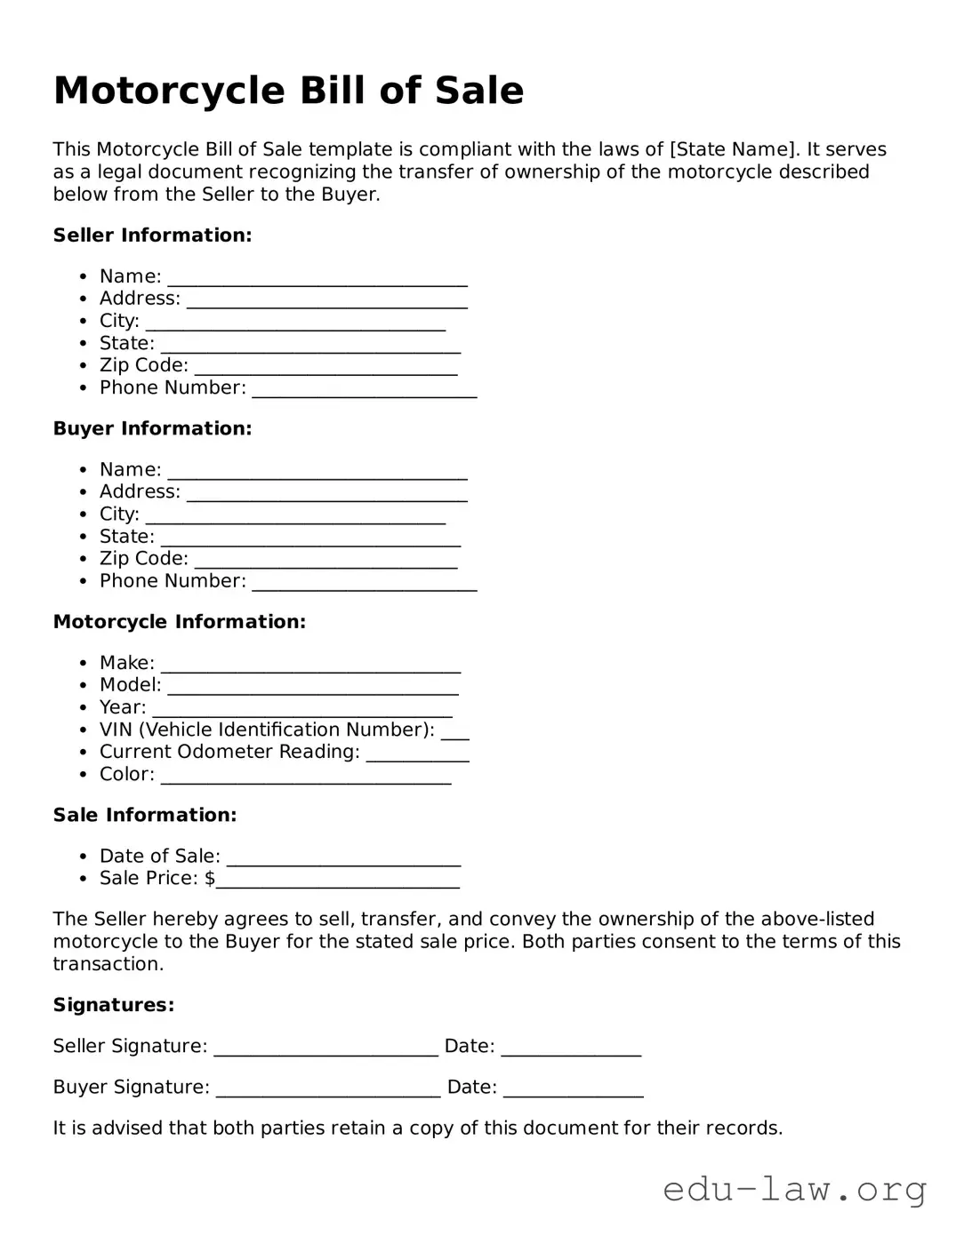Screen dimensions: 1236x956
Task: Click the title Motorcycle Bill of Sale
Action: coord(288,91)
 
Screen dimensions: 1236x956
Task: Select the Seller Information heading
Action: coord(152,235)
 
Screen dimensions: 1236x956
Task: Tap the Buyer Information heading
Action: coord(152,428)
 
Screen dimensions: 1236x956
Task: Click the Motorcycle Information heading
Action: coord(179,622)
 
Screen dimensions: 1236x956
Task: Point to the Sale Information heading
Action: coord(145,815)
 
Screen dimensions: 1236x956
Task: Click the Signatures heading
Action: coord(113,1005)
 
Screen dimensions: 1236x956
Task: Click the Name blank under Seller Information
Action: coord(317,279)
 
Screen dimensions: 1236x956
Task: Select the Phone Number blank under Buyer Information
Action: coord(365,583)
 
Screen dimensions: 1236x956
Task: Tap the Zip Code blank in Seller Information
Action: coord(325,368)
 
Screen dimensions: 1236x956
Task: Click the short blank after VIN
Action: coord(454,732)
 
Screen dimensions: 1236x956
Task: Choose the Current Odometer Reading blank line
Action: coord(417,754)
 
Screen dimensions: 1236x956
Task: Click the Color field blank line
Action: coord(306,777)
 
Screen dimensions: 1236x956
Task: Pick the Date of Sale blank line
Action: coord(343,858)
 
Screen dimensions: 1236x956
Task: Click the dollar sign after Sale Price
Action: coord(210,879)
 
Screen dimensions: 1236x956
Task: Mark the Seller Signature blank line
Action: coord(325,1049)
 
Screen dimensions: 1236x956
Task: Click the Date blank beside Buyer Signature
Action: coord(573,1089)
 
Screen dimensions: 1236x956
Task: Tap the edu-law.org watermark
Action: coord(794,1189)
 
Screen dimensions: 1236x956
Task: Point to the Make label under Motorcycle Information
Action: coord(126,663)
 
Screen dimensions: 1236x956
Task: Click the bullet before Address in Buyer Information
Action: coord(83,492)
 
